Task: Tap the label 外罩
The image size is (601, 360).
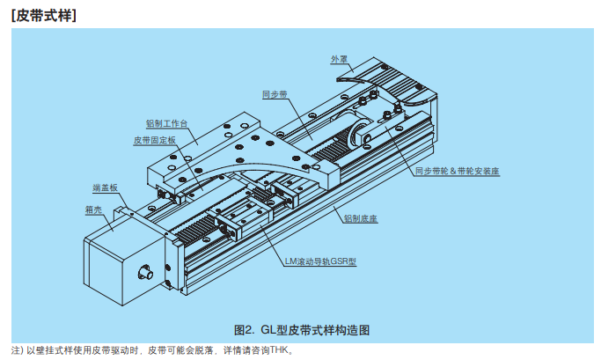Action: tap(339, 58)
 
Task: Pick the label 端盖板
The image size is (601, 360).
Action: tap(105, 187)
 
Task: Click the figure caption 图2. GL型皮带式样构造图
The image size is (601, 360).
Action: tap(300, 330)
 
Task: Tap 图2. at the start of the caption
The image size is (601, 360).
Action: tap(244, 330)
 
